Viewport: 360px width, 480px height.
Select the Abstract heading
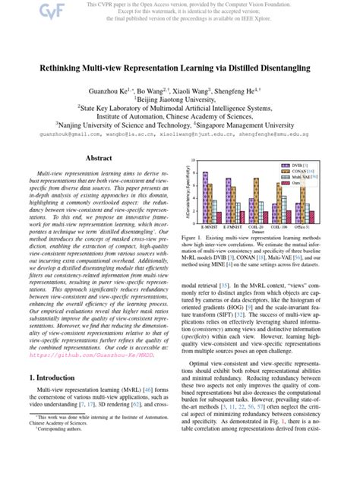pyautogui.click(x=98, y=158)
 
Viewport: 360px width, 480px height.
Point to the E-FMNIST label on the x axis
pyautogui.click(x=232, y=226)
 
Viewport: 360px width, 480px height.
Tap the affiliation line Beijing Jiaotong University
pyautogui.click(x=180, y=99)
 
